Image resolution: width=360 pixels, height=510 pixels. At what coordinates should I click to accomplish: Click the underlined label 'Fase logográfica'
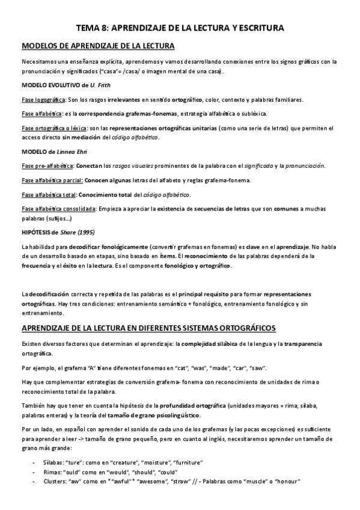point(43,100)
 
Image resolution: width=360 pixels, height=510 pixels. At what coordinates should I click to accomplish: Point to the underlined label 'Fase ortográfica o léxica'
point(54,127)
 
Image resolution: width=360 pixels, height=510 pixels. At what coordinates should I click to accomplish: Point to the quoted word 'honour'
point(287,482)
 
